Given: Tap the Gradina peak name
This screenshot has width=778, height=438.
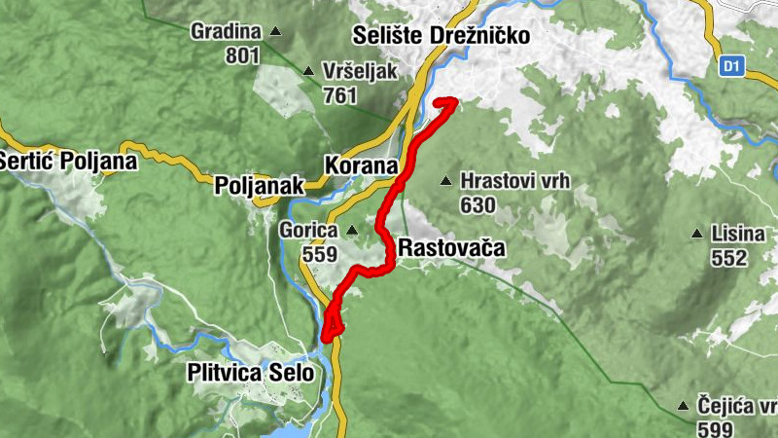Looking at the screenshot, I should coord(225,31).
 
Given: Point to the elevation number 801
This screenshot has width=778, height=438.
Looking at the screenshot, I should coord(242,55).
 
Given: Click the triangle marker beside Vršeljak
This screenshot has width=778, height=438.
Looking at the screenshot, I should coord(308,71).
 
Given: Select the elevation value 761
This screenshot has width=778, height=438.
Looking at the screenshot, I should coord(339,95).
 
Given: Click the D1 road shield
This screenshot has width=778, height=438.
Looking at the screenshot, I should coord(732,67).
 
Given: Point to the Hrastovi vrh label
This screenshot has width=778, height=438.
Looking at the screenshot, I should coord(514,181).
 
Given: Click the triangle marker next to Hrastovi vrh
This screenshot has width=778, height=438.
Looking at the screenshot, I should coord(446,180).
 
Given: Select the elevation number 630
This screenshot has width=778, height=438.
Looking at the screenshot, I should coord(478,205).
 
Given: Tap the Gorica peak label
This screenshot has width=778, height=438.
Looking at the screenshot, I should coord(307,231).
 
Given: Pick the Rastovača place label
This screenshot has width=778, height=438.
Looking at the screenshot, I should coord(452,248).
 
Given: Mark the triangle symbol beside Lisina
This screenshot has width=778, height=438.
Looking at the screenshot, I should coord(696,234).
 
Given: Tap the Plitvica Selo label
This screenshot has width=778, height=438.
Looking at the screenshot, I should coord(251,372).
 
